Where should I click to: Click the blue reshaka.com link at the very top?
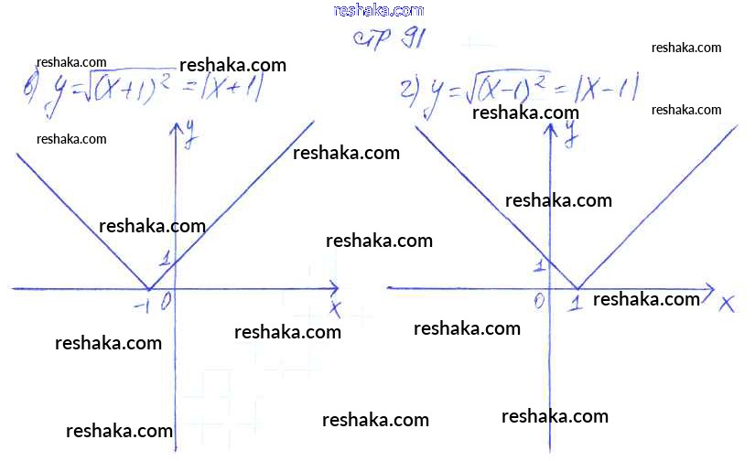point(379,10)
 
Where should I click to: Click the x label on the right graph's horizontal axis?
point(728,304)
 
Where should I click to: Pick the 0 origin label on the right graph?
point(539,300)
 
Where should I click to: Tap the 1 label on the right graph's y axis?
point(539,266)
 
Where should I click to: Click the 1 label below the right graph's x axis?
point(576,303)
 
